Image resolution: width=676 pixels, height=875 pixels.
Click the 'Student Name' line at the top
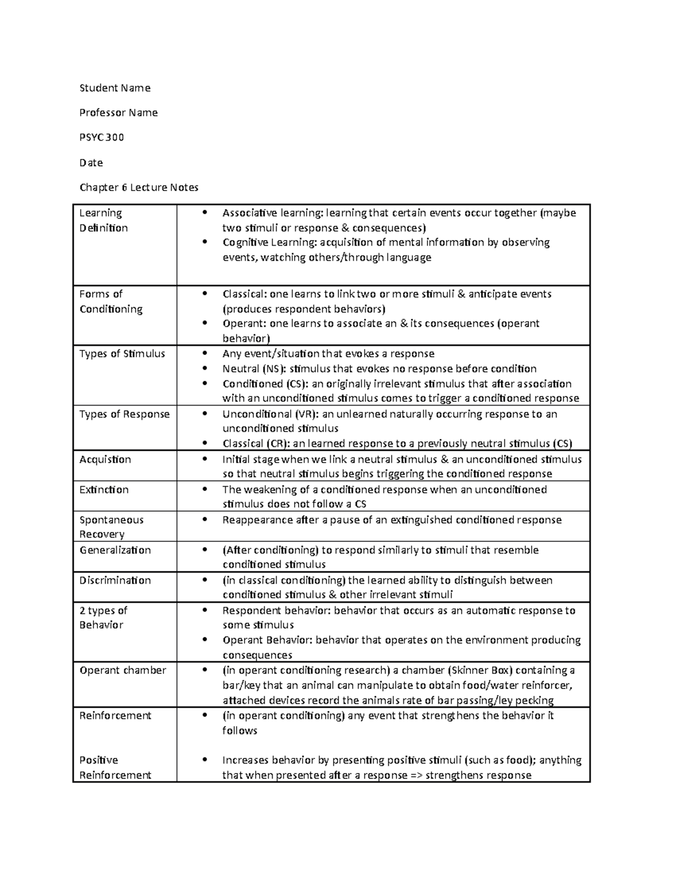(114, 88)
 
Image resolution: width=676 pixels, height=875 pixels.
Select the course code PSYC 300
(101, 137)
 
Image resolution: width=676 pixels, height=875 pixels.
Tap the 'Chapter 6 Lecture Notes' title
(139, 187)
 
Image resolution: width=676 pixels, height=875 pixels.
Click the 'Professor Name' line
(118, 113)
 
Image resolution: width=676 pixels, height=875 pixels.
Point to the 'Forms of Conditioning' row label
(110, 301)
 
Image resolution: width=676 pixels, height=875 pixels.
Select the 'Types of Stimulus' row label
(122, 354)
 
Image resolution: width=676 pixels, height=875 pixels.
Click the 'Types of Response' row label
(124, 414)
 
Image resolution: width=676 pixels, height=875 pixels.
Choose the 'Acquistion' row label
(105, 459)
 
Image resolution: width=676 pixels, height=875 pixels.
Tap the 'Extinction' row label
(104, 490)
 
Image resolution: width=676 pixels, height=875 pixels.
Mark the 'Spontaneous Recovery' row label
(111, 527)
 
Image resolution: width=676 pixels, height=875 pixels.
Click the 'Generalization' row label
(115, 550)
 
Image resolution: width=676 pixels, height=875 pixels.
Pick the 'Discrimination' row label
(115, 580)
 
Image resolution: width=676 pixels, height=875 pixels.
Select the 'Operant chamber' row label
(123, 670)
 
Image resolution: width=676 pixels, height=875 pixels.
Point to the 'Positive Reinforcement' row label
(115, 767)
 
